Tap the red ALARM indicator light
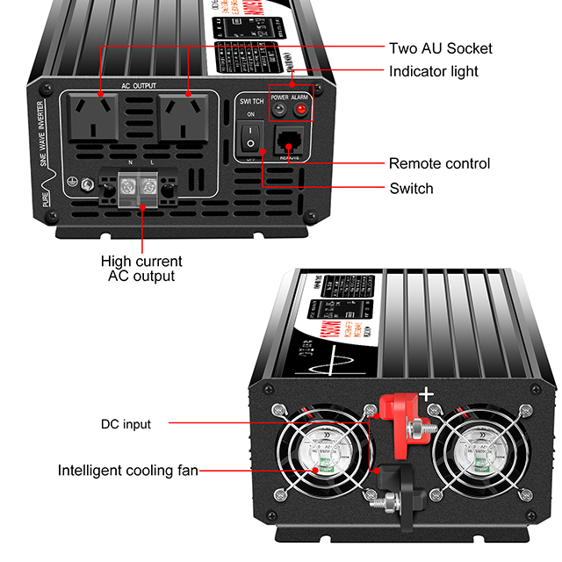[x=300, y=111]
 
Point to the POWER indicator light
[x=277, y=111]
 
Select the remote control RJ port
[x=290, y=140]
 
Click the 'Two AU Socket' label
[x=440, y=48]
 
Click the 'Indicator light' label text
[x=434, y=71]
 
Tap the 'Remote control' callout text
[x=439, y=163]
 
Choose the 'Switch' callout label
[x=411, y=188]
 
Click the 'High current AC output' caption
[x=141, y=269]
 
